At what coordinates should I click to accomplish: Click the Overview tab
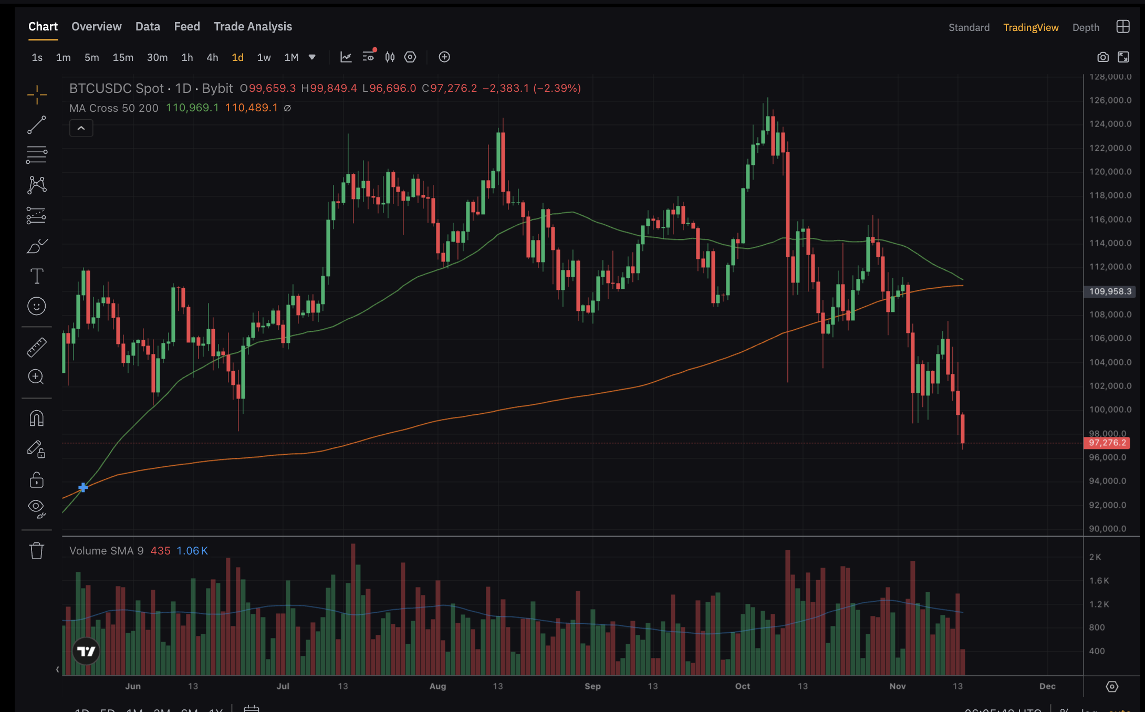(x=96, y=26)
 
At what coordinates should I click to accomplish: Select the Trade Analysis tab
(x=253, y=26)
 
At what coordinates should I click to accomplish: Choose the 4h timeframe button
(x=212, y=57)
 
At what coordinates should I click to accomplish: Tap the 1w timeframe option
(x=264, y=57)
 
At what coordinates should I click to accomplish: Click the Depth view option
(x=1086, y=27)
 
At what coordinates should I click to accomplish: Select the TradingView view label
(x=1030, y=27)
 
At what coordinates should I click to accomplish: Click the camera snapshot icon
(x=1102, y=57)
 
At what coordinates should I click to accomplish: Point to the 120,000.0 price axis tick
(x=1110, y=172)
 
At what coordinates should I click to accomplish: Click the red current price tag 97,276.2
(x=1107, y=443)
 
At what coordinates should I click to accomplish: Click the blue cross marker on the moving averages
(x=83, y=488)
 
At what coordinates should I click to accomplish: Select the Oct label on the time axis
(x=742, y=686)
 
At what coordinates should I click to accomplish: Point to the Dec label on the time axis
(x=1047, y=686)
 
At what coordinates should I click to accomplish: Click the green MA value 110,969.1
(x=192, y=108)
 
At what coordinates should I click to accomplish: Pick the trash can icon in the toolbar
(x=36, y=551)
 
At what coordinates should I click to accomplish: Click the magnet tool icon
(x=36, y=418)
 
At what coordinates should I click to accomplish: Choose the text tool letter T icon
(x=36, y=276)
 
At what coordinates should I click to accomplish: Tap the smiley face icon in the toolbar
(x=36, y=306)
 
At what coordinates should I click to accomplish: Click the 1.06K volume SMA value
(x=192, y=551)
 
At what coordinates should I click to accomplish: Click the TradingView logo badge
(x=86, y=652)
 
